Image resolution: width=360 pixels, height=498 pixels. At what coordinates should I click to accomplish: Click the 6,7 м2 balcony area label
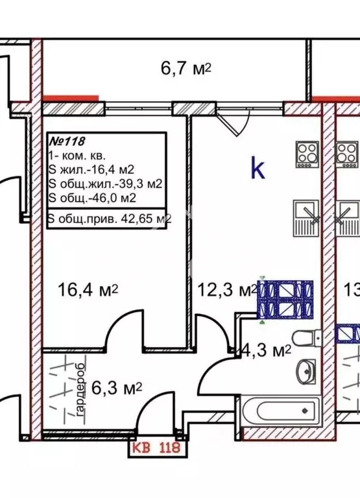click(186, 68)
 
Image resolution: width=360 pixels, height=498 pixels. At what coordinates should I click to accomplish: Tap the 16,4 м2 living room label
click(88, 290)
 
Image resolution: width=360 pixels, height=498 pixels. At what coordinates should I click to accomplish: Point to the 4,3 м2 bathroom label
click(266, 351)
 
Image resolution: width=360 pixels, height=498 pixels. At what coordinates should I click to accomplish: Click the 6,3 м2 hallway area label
click(116, 388)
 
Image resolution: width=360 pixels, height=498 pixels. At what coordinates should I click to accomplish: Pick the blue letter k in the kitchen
click(258, 169)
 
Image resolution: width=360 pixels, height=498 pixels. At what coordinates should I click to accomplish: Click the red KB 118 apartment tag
click(156, 448)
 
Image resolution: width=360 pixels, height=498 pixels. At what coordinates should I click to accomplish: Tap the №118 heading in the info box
click(67, 141)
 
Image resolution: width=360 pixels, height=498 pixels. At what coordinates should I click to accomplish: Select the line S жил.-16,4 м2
click(91, 170)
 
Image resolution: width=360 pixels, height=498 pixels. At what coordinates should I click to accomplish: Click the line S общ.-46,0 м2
click(93, 198)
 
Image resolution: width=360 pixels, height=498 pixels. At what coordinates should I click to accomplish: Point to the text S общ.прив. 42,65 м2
click(110, 219)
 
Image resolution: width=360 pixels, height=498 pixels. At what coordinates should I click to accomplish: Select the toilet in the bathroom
click(307, 338)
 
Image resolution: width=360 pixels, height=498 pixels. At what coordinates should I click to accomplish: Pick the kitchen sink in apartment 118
click(306, 218)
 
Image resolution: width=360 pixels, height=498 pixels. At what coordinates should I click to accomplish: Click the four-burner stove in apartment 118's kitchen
click(307, 154)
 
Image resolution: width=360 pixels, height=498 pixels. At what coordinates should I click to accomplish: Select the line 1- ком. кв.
click(77, 156)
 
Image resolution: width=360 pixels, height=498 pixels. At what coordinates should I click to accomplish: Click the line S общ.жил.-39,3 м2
click(106, 184)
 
